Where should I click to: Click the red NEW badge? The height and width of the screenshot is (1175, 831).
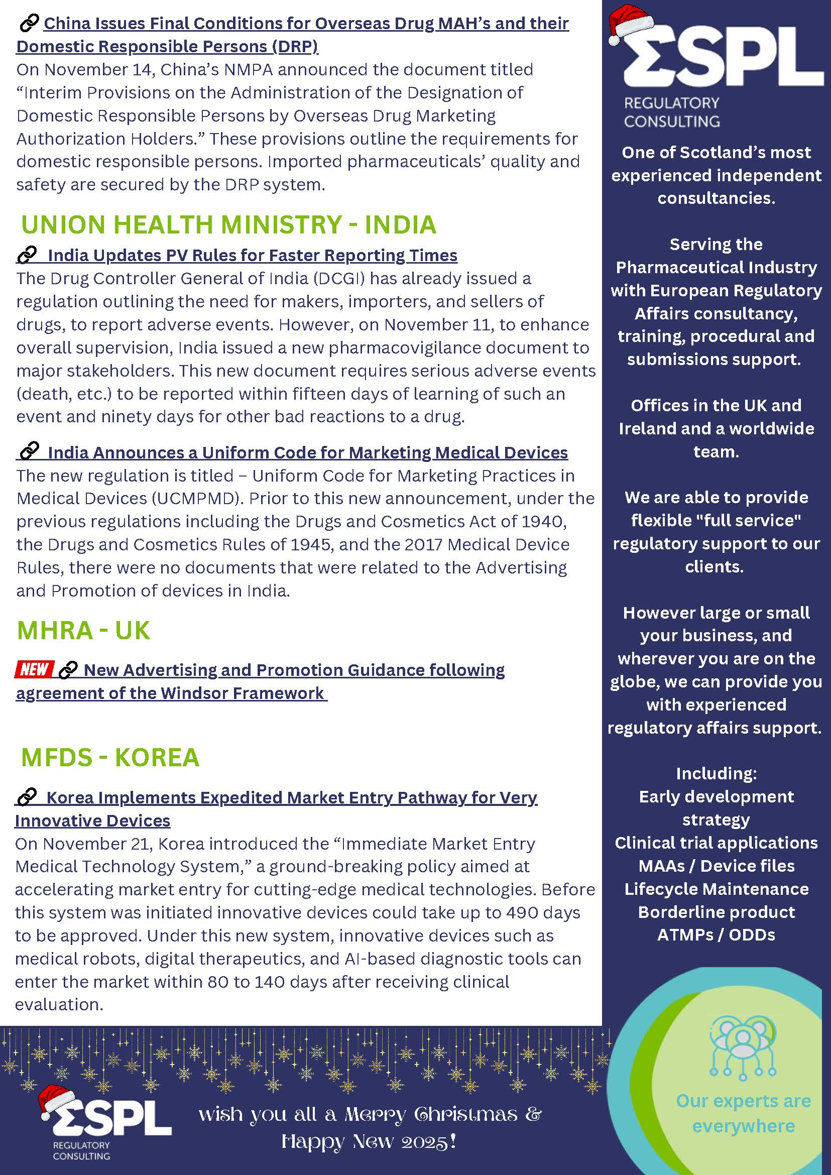coord(34,669)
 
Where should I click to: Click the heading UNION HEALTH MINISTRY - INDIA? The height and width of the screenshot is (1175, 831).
coord(228,224)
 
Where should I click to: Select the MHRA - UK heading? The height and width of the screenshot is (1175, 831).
coord(83,630)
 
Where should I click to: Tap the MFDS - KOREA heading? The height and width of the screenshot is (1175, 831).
coord(109,757)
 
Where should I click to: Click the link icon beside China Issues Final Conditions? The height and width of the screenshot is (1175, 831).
coord(29,23)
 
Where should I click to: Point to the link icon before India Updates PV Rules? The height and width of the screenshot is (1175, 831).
coord(27,255)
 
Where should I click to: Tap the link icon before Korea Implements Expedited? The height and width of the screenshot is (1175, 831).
coord(27,797)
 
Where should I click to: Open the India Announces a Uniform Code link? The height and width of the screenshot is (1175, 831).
coord(307,452)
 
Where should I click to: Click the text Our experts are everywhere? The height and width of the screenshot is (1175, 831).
coord(743,1113)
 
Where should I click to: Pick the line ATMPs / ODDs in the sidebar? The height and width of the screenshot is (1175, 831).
coord(716,935)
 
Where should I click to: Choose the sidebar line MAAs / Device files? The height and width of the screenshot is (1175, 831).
coord(716,866)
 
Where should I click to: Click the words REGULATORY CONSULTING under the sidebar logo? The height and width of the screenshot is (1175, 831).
coord(671,112)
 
